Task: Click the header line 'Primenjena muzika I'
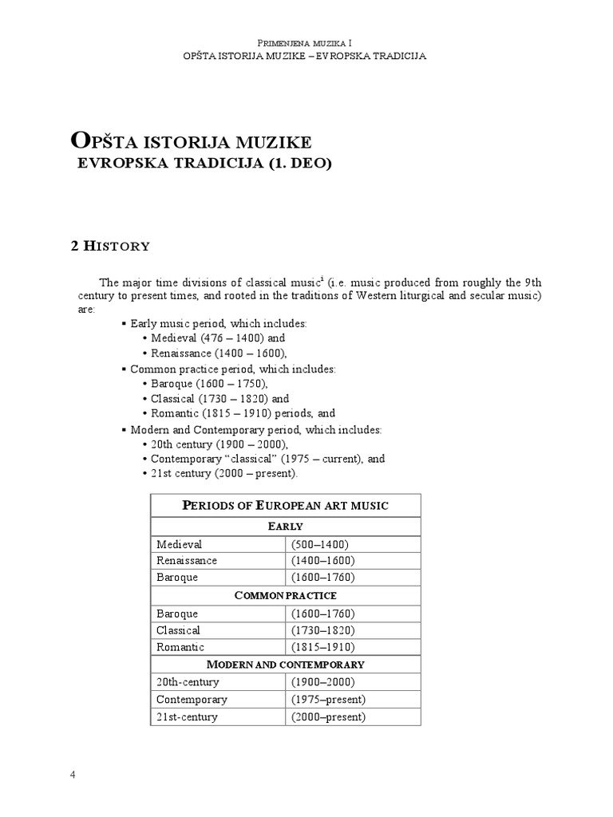click(306, 41)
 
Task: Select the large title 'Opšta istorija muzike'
click(191, 142)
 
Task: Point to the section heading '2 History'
click(110, 246)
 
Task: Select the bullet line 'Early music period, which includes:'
click(218, 324)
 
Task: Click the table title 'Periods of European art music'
click(285, 506)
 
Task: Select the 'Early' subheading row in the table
click(285, 526)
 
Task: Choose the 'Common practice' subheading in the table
click(285, 596)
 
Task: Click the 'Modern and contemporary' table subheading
click(285, 665)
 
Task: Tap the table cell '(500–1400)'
click(320, 544)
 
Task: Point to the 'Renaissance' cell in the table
click(187, 560)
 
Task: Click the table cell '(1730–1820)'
click(323, 630)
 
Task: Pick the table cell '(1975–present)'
click(328, 700)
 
